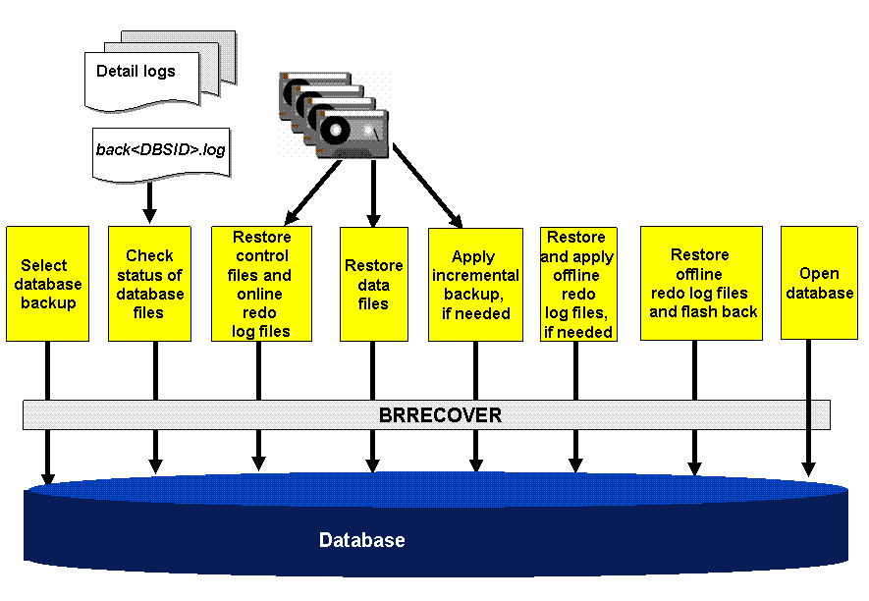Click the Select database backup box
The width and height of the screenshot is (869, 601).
47,284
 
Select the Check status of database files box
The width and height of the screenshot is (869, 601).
149,284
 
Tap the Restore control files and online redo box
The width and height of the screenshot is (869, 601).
261,284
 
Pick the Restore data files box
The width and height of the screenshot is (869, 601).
373,284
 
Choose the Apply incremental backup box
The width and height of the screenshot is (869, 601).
475,284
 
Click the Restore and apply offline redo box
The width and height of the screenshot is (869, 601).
577,284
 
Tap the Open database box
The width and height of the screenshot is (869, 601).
819,284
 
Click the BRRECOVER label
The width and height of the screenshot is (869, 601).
440,415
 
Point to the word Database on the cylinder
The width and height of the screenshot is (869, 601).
361,540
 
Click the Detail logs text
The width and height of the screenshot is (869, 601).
136,72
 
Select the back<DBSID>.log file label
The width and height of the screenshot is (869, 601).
160,150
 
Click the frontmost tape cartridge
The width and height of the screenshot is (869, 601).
352,134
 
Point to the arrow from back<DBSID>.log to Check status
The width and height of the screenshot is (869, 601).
150,201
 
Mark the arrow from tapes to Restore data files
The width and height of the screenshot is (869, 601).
373,191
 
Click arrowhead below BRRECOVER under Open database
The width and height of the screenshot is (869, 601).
808,468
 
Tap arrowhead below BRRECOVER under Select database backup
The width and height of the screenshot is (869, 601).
47,477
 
